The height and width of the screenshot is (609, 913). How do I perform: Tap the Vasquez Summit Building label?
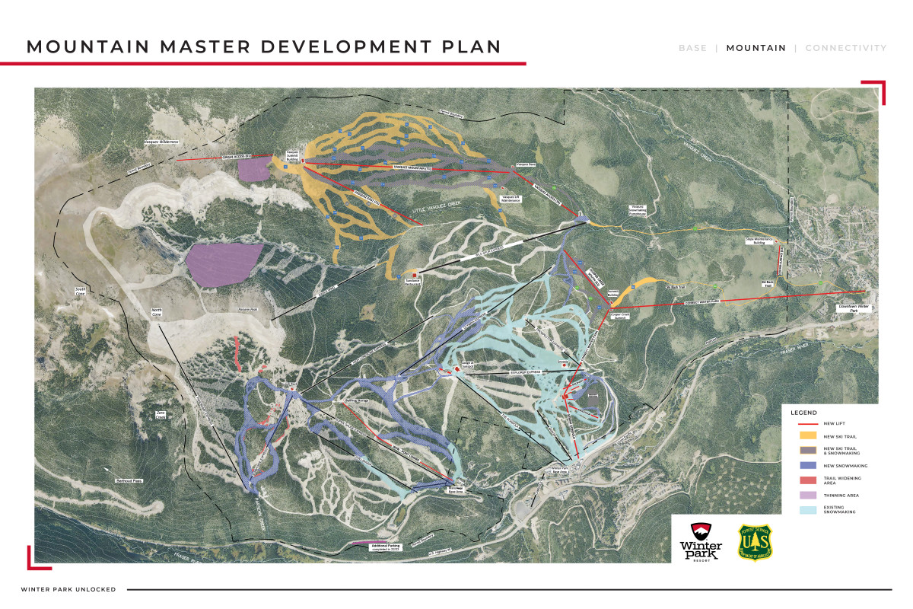click(x=291, y=154)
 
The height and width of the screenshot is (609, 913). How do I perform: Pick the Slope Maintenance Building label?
click(x=759, y=241)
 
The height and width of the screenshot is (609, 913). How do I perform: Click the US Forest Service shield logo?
click(x=755, y=541)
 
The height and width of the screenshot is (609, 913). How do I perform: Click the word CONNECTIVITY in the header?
click(x=845, y=48)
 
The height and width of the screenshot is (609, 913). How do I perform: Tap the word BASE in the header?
click(x=692, y=48)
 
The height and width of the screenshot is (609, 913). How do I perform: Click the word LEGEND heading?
click(x=803, y=412)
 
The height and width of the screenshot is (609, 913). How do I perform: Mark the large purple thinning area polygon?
click(x=222, y=263)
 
